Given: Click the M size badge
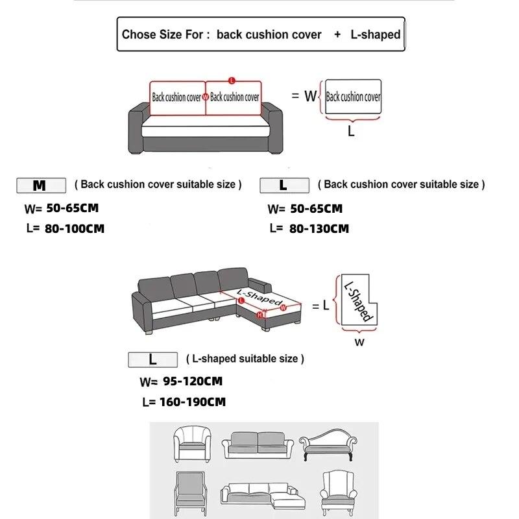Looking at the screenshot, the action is tap(41, 186).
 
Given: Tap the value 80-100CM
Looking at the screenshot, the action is tap(75, 229).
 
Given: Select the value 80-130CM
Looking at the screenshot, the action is tap(319, 229).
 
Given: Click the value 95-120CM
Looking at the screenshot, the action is tap(193, 381).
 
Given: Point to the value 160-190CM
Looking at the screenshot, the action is tap(193, 402).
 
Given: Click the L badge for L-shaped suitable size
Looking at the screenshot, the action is tap(152, 360).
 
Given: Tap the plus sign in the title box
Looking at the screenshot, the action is tap(337, 34).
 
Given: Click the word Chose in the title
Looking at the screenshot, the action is tap(139, 34).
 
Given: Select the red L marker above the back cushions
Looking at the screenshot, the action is tap(232, 80).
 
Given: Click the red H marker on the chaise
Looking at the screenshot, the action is tap(260, 315).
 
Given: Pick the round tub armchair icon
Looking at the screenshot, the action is tap(193, 444).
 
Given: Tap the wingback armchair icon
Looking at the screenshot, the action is tap(339, 493).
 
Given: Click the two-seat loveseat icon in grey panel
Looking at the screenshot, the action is tap(258, 445).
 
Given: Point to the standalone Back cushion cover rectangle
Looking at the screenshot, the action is tap(353, 97).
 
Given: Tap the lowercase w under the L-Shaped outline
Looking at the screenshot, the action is tap(359, 343).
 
